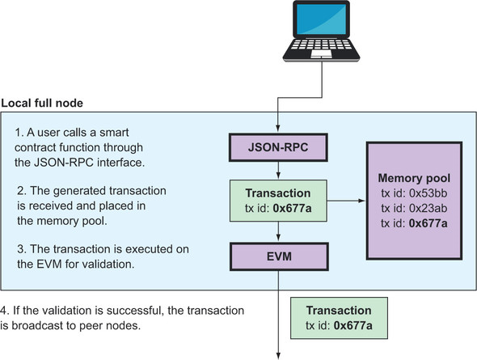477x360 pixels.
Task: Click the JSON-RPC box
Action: click(x=278, y=147)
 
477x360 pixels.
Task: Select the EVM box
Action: click(x=279, y=256)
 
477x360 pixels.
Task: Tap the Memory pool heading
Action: click(x=414, y=178)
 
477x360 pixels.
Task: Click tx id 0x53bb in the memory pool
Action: click(x=414, y=193)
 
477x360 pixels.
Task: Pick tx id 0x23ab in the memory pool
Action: click(x=414, y=208)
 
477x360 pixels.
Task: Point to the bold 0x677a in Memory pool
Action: click(x=428, y=223)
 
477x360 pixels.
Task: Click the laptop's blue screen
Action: click(x=321, y=19)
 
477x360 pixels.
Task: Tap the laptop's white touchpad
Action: click(x=321, y=54)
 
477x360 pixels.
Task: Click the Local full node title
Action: click(x=42, y=104)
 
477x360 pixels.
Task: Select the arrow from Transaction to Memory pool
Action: click(x=346, y=201)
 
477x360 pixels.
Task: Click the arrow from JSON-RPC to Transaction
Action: click(x=278, y=171)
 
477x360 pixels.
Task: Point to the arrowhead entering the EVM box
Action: click(x=278, y=238)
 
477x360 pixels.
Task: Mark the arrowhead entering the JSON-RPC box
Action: click(x=278, y=129)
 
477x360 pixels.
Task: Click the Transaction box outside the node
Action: click(x=340, y=318)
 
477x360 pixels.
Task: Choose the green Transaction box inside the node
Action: click(x=278, y=201)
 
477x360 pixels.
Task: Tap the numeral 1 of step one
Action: click(x=19, y=133)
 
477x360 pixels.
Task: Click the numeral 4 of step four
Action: click(x=4, y=311)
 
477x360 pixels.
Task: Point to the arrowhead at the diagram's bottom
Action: click(x=278, y=356)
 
